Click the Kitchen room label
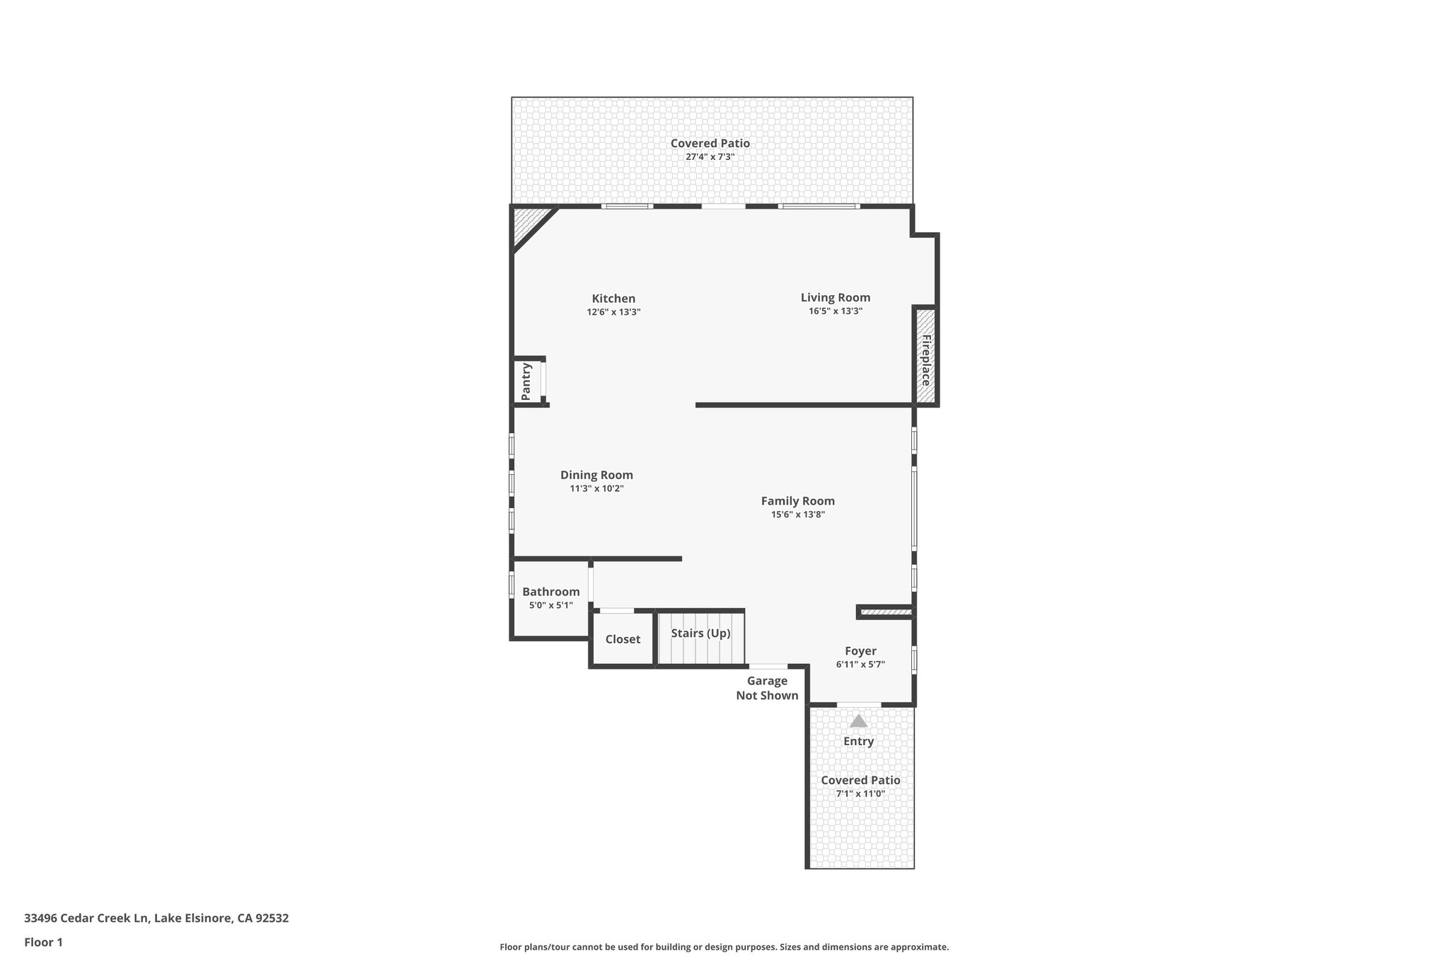tap(613, 299)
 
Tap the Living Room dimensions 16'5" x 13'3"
tap(836, 311)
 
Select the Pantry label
tap(526, 381)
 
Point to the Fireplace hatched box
tap(925, 357)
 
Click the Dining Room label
tap(596, 475)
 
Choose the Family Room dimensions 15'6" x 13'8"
tap(798, 514)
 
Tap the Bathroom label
tap(550, 592)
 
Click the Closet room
tap(623, 639)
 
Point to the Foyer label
tap(860, 651)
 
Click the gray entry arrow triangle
tap(858, 721)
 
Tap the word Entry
tap(858, 741)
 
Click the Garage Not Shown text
tap(767, 688)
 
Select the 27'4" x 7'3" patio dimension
tap(710, 156)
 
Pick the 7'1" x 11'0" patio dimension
tap(860, 793)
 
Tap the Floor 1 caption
tap(43, 942)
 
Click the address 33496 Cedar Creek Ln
tap(156, 918)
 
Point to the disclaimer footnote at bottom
tap(724, 947)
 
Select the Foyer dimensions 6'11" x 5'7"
tap(860, 665)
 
